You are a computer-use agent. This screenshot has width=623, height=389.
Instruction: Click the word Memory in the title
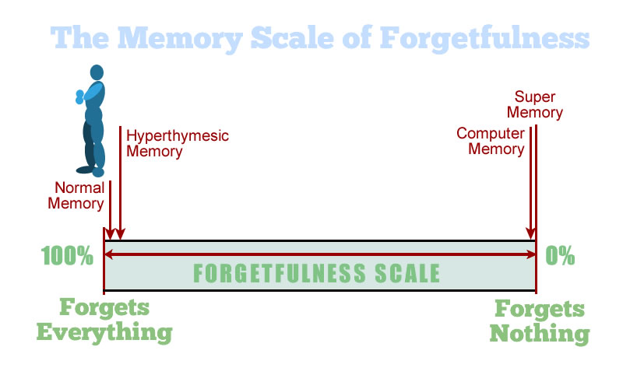tap(195, 37)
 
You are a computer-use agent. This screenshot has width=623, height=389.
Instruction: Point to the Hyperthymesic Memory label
tap(178, 143)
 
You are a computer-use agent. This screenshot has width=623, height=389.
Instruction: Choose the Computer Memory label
tap(491, 140)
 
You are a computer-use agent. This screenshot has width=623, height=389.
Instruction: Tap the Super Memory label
tap(538, 104)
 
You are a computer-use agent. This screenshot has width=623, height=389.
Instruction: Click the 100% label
tap(68, 255)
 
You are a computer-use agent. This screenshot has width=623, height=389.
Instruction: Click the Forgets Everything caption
tap(104, 320)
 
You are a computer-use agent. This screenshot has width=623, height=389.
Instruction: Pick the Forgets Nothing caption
tap(540, 320)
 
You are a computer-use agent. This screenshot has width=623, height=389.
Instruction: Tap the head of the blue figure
tap(97, 72)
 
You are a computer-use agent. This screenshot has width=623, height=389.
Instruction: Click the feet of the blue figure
tap(90, 170)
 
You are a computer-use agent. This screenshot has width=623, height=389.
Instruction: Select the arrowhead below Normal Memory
tap(111, 235)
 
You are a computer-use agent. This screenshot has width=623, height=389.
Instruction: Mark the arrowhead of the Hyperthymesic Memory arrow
tap(119, 235)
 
